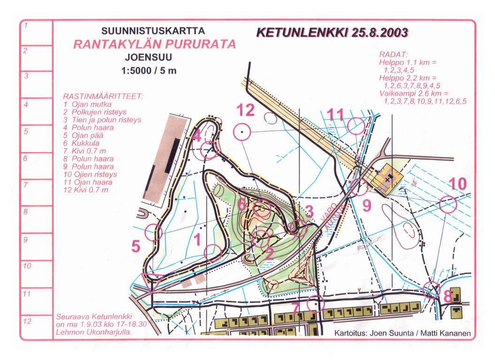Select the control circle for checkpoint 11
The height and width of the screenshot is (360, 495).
point(348,126)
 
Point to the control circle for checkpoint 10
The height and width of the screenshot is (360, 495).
point(440,204)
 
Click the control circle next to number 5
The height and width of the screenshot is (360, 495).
point(145,233)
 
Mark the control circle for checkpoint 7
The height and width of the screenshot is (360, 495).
point(307,304)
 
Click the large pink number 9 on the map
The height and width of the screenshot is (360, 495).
point(367,206)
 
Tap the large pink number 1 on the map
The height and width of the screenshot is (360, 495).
point(197,239)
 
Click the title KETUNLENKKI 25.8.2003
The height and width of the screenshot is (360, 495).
point(333,32)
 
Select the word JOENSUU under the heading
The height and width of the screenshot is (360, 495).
point(148,57)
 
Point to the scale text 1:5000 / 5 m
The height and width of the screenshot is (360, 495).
point(149,70)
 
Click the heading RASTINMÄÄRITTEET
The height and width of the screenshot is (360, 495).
point(103,96)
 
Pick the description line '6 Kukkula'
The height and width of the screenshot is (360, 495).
point(81,143)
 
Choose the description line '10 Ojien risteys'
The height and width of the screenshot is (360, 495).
point(90,174)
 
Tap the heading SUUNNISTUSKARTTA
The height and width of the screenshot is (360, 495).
point(153,31)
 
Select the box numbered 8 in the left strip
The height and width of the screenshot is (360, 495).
point(37,220)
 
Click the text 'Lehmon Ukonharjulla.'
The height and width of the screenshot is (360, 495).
point(94,332)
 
